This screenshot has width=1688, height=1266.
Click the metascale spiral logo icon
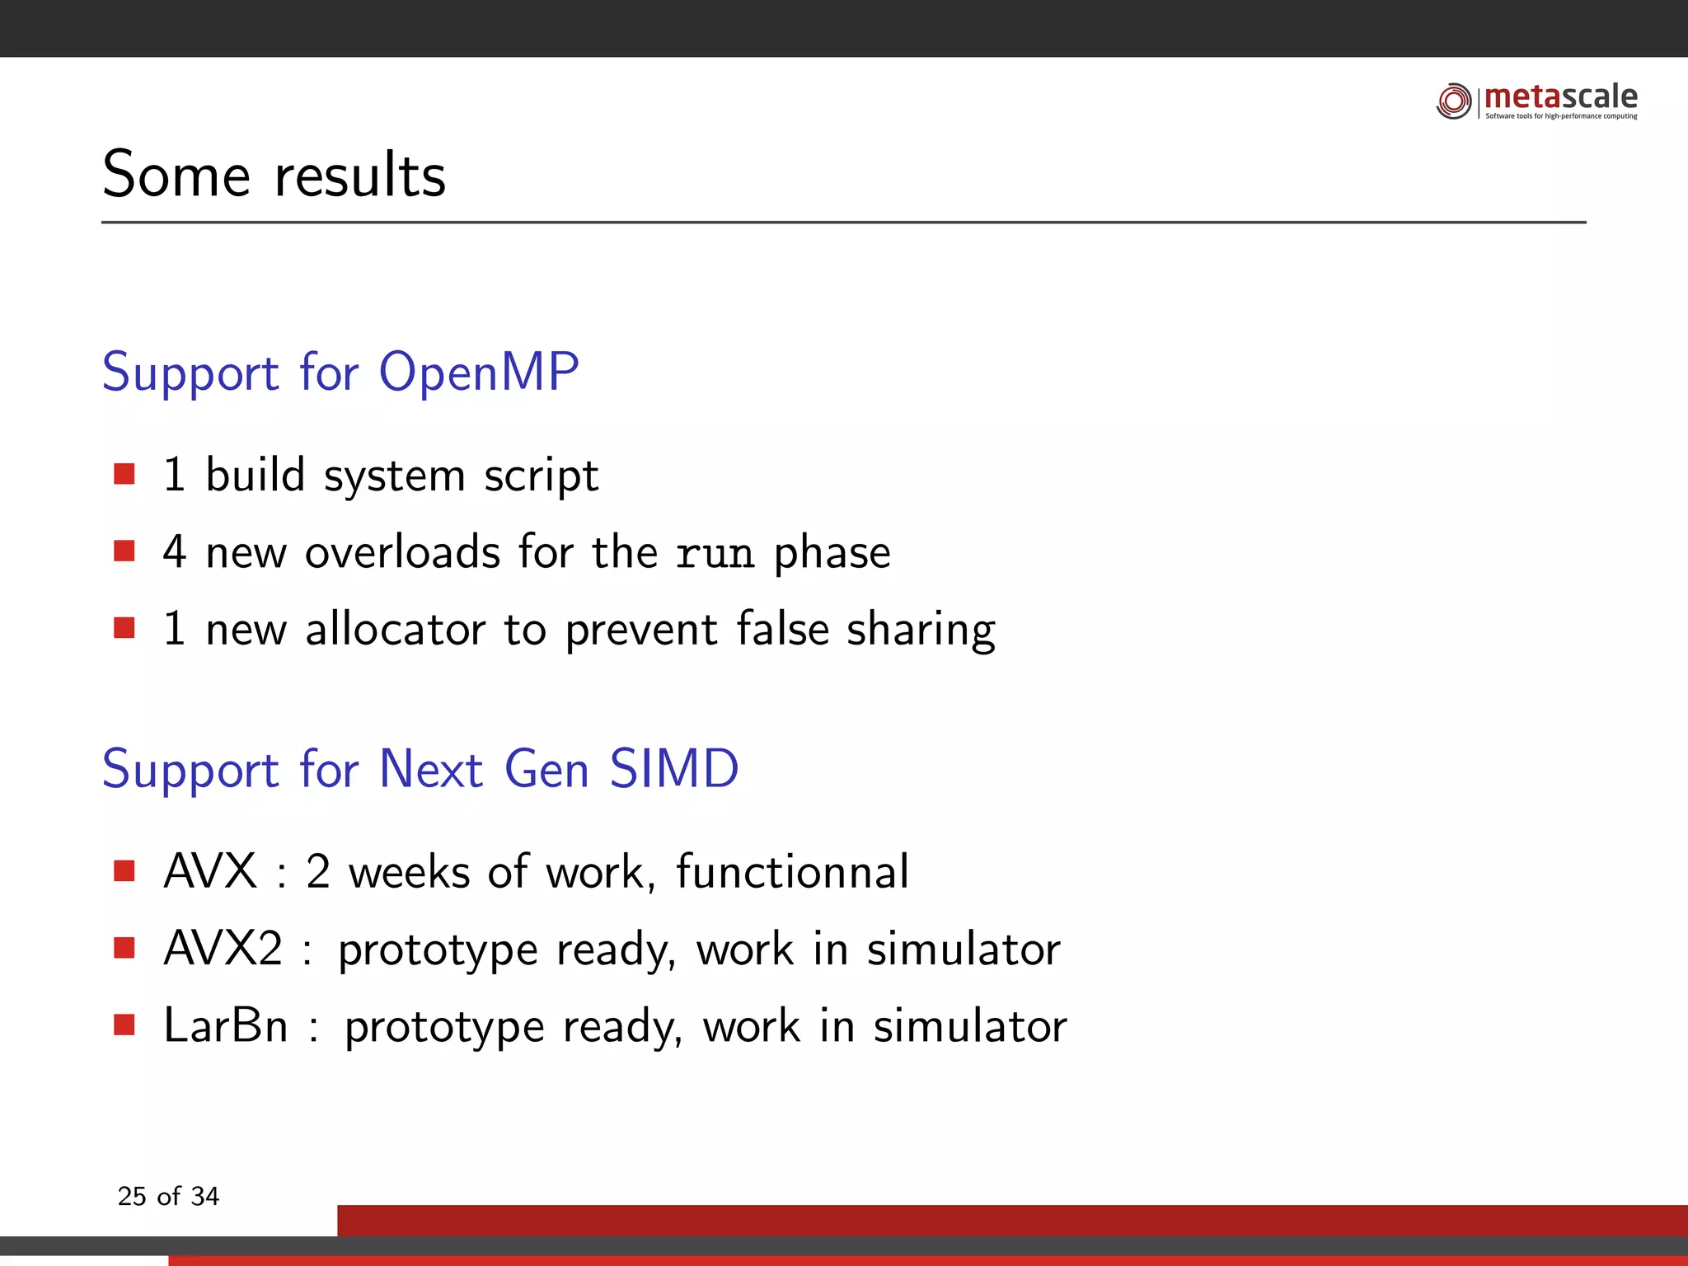(1453, 101)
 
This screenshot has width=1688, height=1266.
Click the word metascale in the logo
(1560, 97)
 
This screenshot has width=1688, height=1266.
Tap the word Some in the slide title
(176, 175)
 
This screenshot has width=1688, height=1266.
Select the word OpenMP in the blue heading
(479, 373)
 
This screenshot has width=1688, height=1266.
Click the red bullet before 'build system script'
(124, 474)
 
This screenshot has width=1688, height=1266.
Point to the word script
(541, 476)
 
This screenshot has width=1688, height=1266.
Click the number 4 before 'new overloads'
(174, 551)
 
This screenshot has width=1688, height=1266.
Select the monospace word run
(715, 553)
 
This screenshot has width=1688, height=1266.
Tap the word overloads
(402, 551)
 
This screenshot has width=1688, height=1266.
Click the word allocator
(396, 629)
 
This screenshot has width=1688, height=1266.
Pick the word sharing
(921, 631)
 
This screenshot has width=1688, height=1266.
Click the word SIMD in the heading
(673, 769)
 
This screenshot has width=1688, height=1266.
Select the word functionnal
(792, 871)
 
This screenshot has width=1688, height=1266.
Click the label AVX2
(223, 948)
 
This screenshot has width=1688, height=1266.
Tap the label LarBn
(225, 1025)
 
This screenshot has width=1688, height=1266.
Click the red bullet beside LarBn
(124, 1025)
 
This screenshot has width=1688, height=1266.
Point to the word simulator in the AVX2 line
(963, 949)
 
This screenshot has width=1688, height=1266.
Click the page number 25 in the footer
(132, 1196)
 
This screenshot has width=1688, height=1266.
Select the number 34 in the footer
(204, 1196)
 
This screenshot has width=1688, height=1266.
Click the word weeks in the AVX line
(409, 871)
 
